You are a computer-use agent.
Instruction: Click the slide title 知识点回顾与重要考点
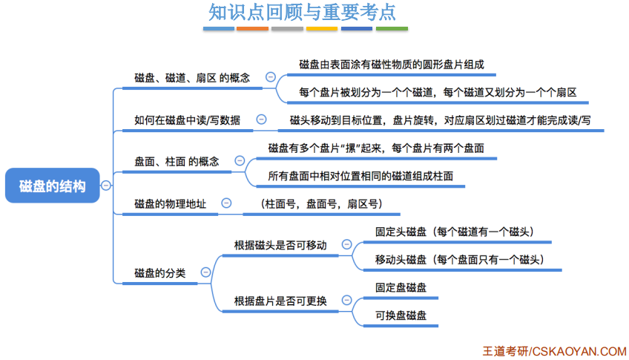pyautogui.click(x=302, y=13)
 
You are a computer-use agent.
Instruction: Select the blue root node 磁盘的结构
pyautogui.click(x=52, y=186)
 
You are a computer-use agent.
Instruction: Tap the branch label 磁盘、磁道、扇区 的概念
pyautogui.click(x=192, y=77)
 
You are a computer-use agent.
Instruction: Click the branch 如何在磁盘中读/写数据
pyautogui.click(x=187, y=120)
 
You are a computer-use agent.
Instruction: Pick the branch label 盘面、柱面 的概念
pyautogui.click(x=177, y=160)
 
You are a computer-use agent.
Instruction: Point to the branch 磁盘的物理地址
pyautogui.click(x=170, y=203)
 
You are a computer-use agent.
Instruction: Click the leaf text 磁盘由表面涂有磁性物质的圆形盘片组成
pyautogui.click(x=392, y=65)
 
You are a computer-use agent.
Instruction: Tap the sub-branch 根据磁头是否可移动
pyautogui.click(x=280, y=245)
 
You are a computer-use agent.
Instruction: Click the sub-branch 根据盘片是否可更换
pyautogui.click(x=280, y=301)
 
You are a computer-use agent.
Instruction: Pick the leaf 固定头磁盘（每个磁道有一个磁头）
pyautogui.click(x=455, y=232)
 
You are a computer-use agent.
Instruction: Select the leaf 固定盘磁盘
pyautogui.click(x=401, y=287)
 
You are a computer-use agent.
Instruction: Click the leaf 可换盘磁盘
pyautogui.click(x=401, y=315)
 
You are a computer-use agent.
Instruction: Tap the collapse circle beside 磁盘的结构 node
pyautogui.click(x=106, y=186)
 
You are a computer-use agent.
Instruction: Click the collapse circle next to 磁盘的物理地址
pyautogui.click(x=225, y=203)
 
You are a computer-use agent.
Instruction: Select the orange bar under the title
pyautogui.click(x=252, y=29)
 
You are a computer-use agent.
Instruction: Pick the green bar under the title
pyautogui.click(x=392, y=29)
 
